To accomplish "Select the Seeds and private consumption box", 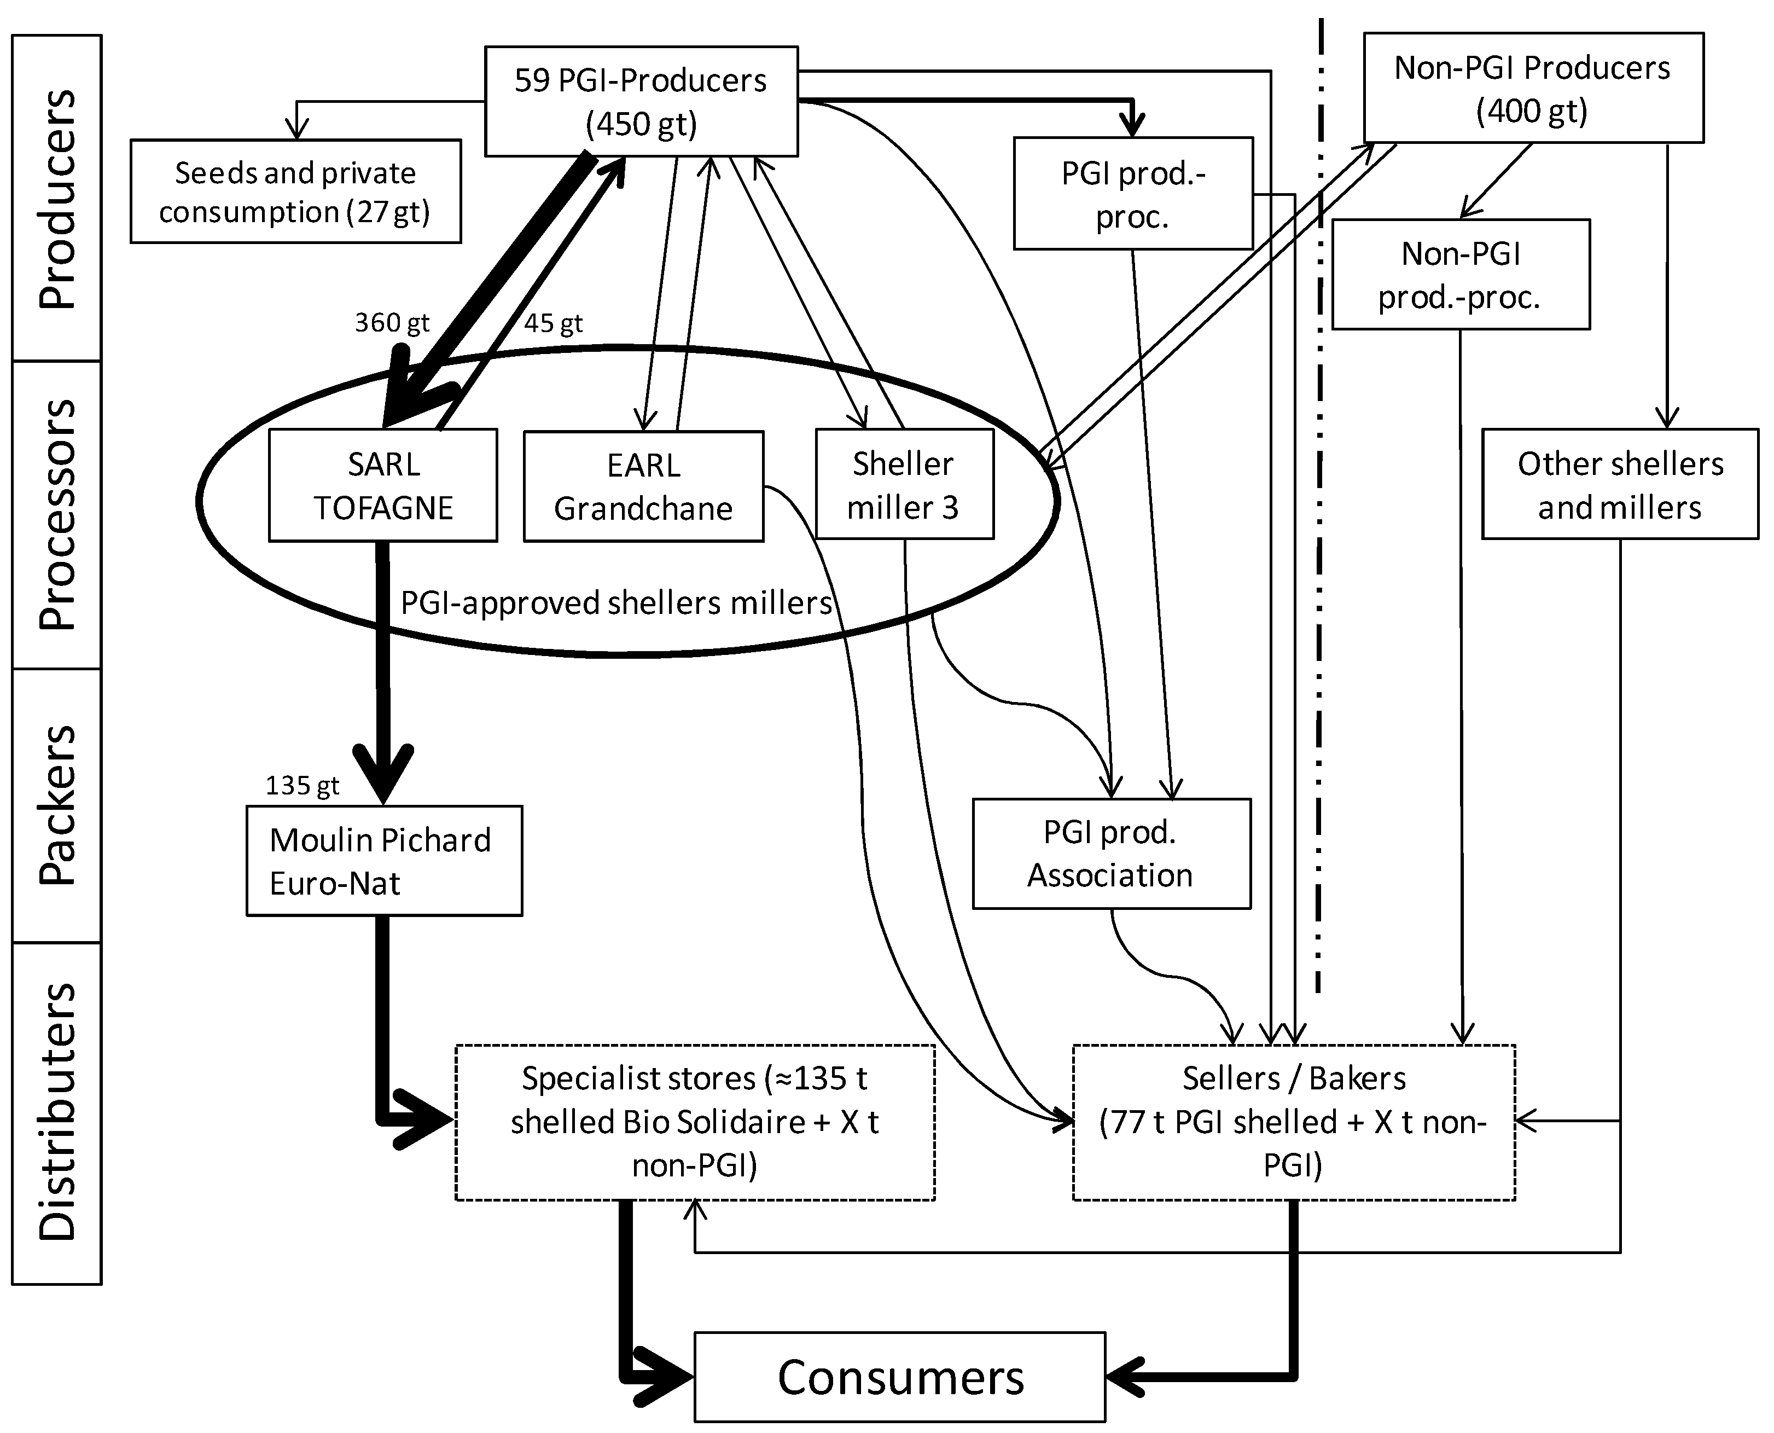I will click(x=295, y=192).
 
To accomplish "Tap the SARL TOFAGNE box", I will click(x=383, y=485).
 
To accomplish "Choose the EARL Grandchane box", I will click(x=644, y=486).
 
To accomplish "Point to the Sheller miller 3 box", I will click(x=904, y=485).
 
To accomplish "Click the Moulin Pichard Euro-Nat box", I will click(x=383, y=861).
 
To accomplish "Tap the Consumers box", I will click(x=899, y=1377).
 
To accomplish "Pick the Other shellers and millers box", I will click(x=1620, y=485).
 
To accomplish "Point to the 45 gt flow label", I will click(x=553, y=323).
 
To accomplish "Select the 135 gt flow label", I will click(x=302, y=785).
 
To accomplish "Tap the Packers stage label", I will click(x=57, y=805).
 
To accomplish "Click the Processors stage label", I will click(x=57, y=514).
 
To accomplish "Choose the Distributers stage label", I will click(x=57, y=1112).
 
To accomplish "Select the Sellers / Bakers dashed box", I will click(x=1293, y=1122).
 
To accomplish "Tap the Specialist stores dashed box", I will click(x=695, y=1122).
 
